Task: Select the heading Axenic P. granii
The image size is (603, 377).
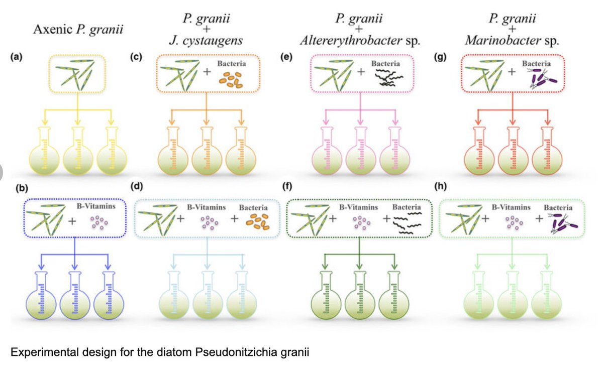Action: pyautogui.click(x=78, y=30)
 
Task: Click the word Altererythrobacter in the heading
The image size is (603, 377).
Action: pyautogui.click(x=350, y=40)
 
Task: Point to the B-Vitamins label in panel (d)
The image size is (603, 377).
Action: pyautogui.click(x=206, y=207)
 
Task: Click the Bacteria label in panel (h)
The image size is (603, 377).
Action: pyautogui.click(x=558, y=207)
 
